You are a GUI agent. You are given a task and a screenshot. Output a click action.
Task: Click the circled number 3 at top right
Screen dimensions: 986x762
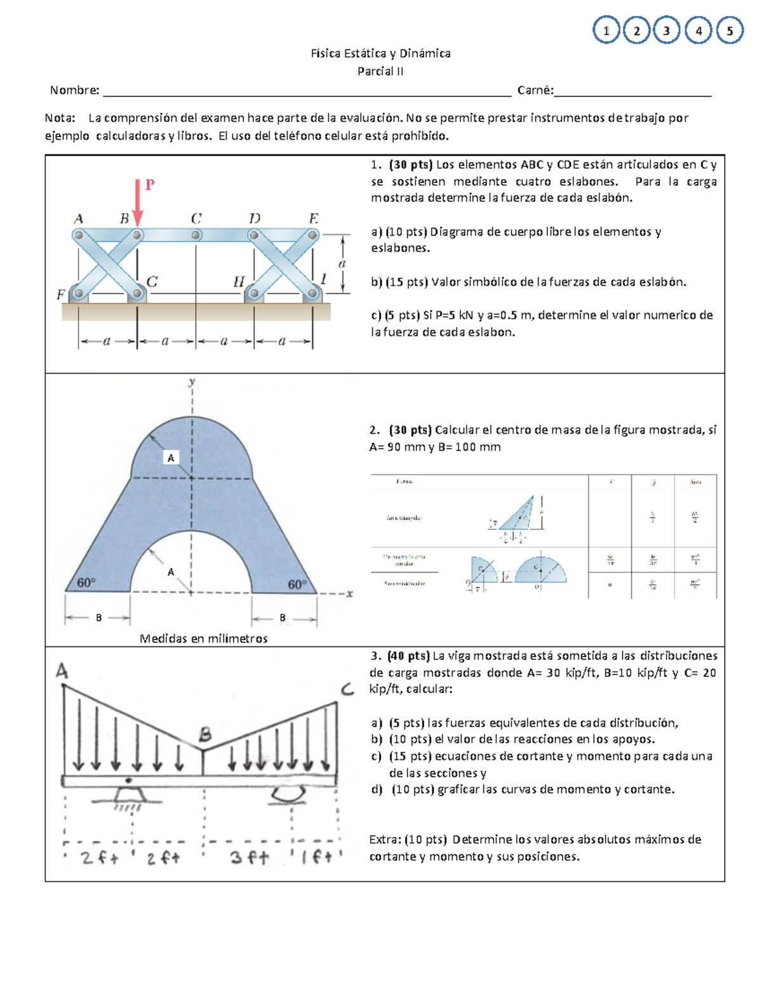(x=666, y=30)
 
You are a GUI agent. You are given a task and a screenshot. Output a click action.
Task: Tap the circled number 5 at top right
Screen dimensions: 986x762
(x=730, y=30)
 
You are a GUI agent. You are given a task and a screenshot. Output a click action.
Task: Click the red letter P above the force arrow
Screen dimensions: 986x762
(x=150, y=185)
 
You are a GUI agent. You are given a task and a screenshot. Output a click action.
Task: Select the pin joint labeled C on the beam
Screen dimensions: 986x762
(x=196, y=236)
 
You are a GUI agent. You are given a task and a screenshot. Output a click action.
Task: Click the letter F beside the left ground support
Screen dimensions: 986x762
(x=61, y=295)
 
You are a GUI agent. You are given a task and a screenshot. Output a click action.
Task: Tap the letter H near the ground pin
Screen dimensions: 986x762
(x=239, y=282)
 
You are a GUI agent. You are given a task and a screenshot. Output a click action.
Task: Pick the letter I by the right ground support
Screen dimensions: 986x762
(x=324, y=279)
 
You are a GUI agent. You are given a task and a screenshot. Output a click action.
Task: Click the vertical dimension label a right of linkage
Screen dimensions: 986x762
(x=342, y=263)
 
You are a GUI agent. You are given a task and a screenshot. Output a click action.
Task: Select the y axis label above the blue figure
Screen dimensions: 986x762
(x=191, y=382)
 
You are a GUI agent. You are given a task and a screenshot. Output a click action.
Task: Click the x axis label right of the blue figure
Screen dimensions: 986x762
(x=349, y=594)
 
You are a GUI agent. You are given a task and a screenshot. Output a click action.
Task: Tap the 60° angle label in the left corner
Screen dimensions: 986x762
(x=86, y=583)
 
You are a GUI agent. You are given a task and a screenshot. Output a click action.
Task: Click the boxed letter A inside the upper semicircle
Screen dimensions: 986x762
(x=170, y=458)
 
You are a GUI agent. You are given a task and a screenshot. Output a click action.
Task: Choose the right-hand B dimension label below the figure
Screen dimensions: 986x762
(x=283, y=618)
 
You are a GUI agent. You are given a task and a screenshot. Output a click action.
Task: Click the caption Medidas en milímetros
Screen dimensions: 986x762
(x=203, y=639)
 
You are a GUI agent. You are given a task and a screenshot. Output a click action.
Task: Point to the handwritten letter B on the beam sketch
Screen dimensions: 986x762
(x=204, y=735)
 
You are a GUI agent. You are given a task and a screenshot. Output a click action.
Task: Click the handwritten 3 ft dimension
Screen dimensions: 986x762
(x=250, y=858)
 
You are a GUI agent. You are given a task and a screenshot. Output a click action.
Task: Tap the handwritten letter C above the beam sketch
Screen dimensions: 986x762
(x=347, y=690)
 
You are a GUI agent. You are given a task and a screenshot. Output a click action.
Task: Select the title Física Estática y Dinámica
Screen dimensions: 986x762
(x=380, y=54)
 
